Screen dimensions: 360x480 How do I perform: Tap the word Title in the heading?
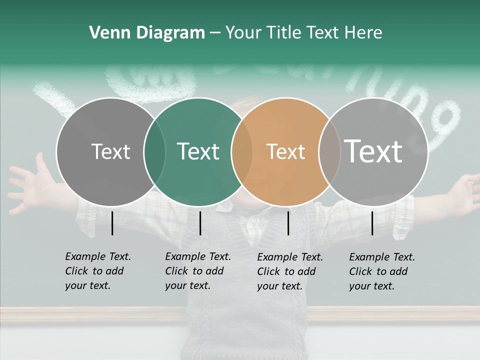click(x=283, y=33)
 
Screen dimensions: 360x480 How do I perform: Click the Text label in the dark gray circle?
click(x=110, y=151)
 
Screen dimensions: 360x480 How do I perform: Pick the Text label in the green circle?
click(x=198, y=151)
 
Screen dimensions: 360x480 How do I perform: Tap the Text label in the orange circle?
click(x=285, y=151)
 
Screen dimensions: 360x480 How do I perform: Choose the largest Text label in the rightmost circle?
click(x=373, y=151)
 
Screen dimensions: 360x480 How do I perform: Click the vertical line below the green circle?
click(x=200, y=223)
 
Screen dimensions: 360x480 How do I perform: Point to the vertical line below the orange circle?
click(x=288, y=223)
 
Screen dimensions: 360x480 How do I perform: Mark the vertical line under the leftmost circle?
click(x=112, y=223)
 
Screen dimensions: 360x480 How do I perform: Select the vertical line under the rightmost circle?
click(x=372, y=223)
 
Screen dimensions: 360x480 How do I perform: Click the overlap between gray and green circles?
click(x=154, y=151)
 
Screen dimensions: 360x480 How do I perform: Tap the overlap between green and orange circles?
click(x=242, y=151)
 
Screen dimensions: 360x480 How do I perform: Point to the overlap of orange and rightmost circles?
click(x=328, y=151)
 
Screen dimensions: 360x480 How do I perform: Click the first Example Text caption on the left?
click(x=97, y=271)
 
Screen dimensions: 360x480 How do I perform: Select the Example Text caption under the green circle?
click(x=197, y=271)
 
